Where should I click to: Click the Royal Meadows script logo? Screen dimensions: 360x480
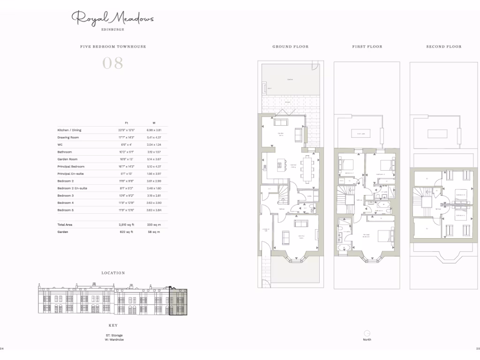(112, 19)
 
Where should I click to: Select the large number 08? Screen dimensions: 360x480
(112, 63)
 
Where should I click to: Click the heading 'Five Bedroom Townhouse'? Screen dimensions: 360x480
(112, 47)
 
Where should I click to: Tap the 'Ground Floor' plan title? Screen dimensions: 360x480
(290, 47)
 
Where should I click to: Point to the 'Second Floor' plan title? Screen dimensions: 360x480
(443, 47)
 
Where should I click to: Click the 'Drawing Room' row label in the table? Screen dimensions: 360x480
(68, 137)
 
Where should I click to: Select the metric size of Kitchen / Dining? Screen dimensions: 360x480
(154, 130)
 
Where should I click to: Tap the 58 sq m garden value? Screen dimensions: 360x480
(154, 232)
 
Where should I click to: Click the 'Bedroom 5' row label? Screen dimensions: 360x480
(66, 210)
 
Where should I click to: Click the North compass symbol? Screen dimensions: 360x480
(367, 332)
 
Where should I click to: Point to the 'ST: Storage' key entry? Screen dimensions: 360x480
(114, 335)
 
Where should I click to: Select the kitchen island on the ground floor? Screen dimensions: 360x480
(281, 165)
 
